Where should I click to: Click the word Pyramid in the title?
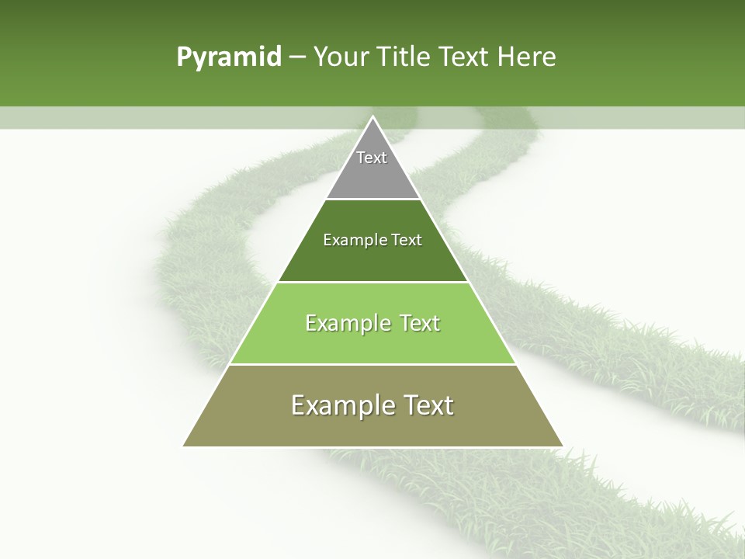(229, 57)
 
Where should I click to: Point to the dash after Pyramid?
(296, 57)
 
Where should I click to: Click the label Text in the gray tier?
(372, 158)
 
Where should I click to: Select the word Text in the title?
(463, 57)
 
